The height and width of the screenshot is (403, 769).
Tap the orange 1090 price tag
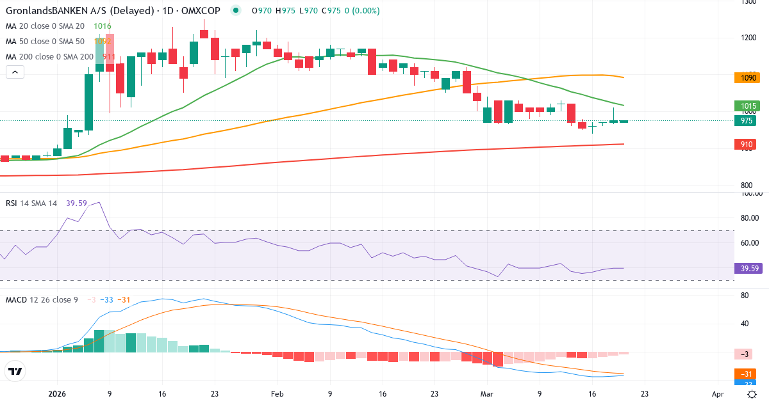[747, 77]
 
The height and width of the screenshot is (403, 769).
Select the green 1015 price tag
[747, 106]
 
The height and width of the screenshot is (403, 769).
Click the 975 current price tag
[747, 120]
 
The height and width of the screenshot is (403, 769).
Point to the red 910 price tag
[747, 145]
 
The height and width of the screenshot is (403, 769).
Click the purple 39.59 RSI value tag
[748, 269]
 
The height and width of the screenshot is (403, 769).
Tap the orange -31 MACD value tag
[747, 374]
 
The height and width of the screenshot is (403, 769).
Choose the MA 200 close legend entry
[50, 56]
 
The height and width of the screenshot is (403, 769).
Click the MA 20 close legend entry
[45, 26]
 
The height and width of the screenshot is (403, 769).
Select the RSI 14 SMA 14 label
[31, 203]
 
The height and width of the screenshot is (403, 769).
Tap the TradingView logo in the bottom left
[15, 371]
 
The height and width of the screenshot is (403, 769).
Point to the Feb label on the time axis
[277, 394]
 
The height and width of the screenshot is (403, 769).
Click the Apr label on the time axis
[718, 394]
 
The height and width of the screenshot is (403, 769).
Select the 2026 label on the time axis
[57, 394]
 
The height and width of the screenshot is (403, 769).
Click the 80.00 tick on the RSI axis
[750, 218]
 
